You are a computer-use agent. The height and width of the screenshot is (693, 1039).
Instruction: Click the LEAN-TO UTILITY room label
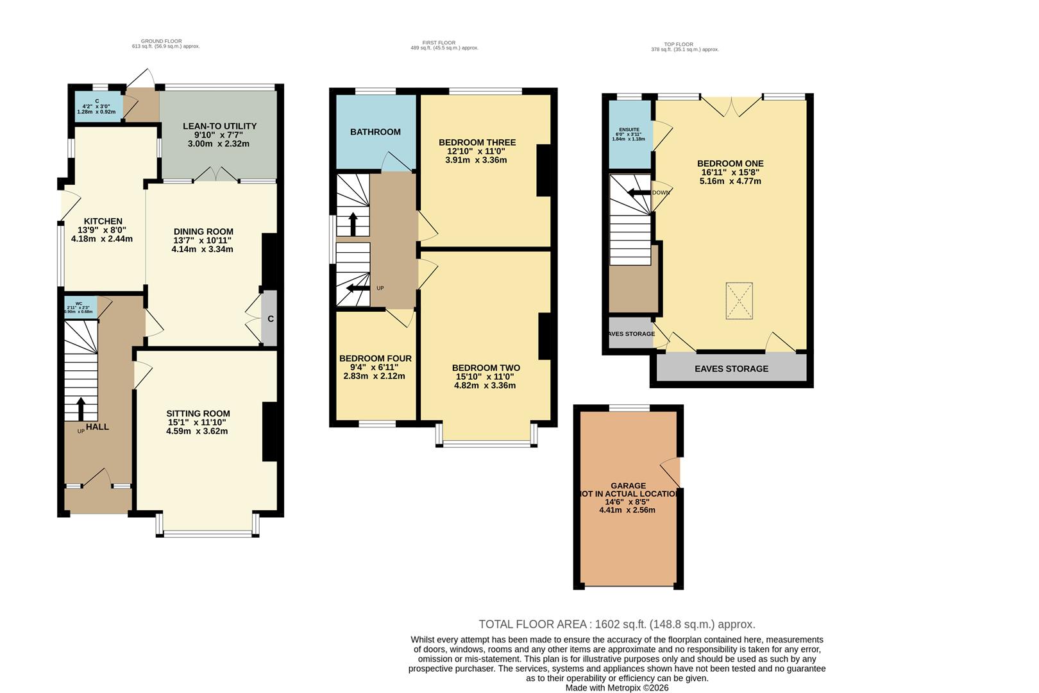pyautogui.click(x=219, y=126)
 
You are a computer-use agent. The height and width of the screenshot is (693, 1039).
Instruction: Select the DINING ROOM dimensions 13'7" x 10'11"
pyautogui.click(x=203, y=241)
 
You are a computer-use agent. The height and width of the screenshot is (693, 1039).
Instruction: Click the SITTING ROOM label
pyautogui.click(x=198, y=413)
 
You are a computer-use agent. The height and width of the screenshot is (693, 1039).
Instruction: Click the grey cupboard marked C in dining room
pyautogui.click(x=270, y=318)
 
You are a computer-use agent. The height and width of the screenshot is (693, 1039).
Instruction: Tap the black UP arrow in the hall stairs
pyautogui.click(x=81, y=408)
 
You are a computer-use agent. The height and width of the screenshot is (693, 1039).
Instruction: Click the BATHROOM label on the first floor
pyautogui.click(x=375, y=132)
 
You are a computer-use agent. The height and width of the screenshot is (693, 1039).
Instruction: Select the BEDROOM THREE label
pyautogui.click(x=477, y=142)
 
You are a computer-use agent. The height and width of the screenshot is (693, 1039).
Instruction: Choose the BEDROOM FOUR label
pyautogui.click(x=375, y=358)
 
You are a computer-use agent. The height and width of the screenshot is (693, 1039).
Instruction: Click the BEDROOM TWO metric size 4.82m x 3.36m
pyautogui.click(x=485, y=386)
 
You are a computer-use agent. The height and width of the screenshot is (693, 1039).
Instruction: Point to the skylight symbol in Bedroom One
pyautogui.click(x=739, y=301)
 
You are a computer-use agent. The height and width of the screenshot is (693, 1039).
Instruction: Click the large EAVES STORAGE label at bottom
pyautogui.click(x=731, y=369)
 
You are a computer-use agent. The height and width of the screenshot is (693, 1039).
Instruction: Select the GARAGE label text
pyautogui.click(x=628, y=486)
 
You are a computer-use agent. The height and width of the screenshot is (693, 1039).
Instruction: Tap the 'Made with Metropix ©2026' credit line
pyautogui.click(x=616, y=687)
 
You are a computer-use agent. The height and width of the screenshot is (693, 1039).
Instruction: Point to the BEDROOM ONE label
pyautogui.click(x=730, y=164)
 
